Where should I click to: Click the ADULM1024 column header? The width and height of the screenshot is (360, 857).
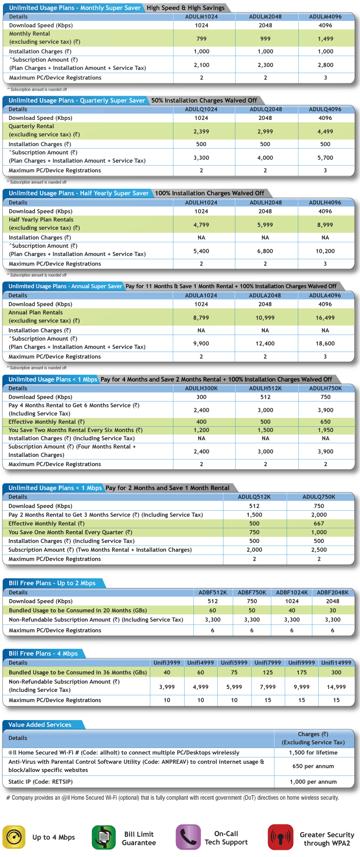[201, 17]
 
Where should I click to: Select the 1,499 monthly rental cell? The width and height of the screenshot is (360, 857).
[325, 39]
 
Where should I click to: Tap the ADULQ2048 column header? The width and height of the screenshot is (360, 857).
[265, 109]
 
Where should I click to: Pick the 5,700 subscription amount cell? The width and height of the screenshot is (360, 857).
[325, 158]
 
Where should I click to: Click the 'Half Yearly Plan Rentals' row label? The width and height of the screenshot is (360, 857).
[41, 219]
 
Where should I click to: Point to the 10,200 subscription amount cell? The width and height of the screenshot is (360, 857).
[325, 251]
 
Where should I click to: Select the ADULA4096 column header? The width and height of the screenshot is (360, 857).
[325, 295]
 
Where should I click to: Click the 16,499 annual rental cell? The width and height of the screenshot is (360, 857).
[325, 318]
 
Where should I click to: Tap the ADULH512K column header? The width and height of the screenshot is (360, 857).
[265, 388]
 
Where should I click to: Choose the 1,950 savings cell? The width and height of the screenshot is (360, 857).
[325, 430]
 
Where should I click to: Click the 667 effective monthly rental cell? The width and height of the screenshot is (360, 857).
[319, 523]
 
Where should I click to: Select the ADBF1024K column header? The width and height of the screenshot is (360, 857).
[292, 592]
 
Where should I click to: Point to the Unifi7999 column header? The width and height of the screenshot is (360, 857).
[268, 663]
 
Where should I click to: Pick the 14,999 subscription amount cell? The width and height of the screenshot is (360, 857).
[336, 687]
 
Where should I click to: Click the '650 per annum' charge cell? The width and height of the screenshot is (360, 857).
[313, 766]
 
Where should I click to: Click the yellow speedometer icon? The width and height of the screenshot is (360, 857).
[14, 837]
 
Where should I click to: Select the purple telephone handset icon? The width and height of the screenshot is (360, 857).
[188, 837]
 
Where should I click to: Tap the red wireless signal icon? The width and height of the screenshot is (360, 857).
[280, 837]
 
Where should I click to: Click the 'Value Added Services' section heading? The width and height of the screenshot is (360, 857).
[40, 724]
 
